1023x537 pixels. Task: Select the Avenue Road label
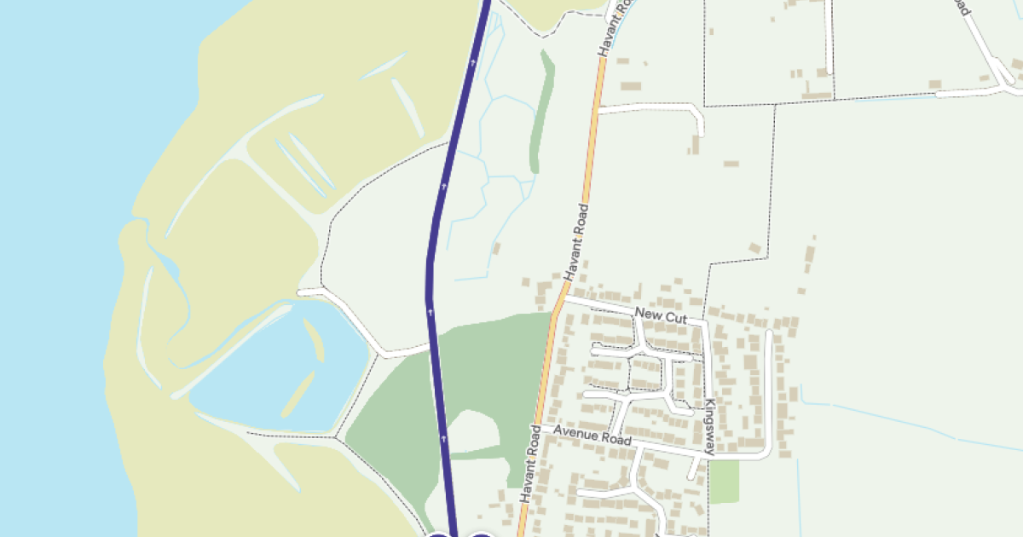(592, 436)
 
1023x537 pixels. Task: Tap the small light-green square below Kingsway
(724, 482)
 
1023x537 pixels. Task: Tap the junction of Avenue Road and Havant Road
(540, 426)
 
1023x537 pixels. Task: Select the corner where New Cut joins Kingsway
(704, 323)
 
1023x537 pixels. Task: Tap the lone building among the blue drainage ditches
(496, 249)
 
